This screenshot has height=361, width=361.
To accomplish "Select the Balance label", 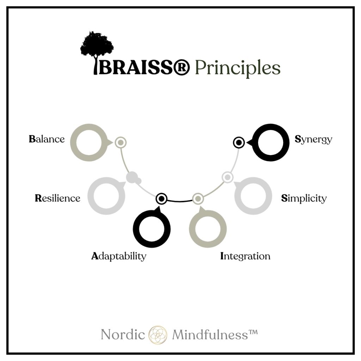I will click(x=47, y=139).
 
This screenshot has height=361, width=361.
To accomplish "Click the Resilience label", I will click(x=57, y=198).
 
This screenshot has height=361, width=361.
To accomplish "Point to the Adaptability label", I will click(x=118, y=256).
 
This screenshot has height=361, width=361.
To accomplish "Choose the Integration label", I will click(x=245, y=256).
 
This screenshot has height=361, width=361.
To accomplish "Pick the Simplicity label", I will click(x=304, y=198).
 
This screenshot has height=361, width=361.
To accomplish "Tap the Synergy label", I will click(x=313, y=139).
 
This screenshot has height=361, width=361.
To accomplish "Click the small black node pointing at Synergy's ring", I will click(x=239, y=142).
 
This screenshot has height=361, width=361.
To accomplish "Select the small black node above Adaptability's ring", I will click(x=161, y=199).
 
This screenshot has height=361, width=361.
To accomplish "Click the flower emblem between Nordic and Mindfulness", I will click(x=158, y=334).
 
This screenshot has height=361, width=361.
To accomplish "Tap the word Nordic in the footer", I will click(x=123, y=334).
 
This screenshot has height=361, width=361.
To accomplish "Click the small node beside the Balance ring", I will click(x=120, y=142).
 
